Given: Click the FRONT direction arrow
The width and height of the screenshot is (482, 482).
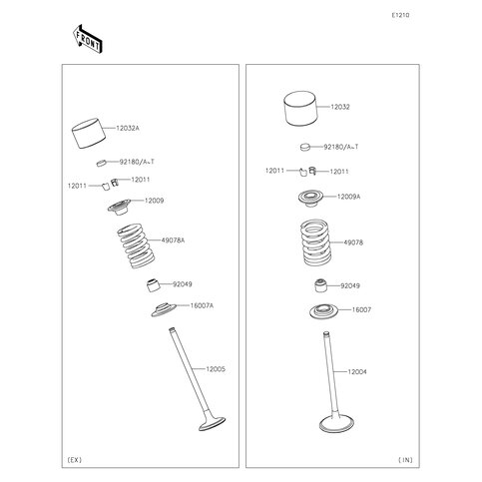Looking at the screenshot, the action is [88, 39].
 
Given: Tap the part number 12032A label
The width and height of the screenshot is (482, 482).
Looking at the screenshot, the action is [128, 128].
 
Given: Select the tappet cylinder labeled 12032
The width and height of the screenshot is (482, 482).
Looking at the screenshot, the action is [300, 109].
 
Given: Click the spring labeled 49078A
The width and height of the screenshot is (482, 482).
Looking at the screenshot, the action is [136, 245].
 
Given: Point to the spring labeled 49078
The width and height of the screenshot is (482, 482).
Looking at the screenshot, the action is [315, 242].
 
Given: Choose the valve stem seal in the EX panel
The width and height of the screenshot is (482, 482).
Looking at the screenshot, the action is [154, 284].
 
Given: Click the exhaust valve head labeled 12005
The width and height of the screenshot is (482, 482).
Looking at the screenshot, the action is [212, 423].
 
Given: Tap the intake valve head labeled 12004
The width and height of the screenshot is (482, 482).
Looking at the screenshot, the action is [336, 423].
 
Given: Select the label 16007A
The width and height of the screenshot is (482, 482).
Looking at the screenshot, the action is [202, 305].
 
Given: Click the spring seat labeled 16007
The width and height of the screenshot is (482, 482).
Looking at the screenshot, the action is [323, 311].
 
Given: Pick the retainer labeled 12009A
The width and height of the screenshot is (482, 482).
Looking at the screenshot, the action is [311, 199].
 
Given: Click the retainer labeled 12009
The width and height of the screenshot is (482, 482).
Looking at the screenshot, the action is [119, 207].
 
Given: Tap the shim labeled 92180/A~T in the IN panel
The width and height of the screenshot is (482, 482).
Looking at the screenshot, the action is [305, 147].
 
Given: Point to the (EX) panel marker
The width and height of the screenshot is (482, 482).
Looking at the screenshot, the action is [75, 460].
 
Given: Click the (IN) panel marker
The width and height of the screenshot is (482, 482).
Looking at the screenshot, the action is [405, 460].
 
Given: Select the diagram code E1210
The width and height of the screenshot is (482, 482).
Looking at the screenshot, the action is [400, 15].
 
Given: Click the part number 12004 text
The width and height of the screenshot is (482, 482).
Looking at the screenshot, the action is [357, 372].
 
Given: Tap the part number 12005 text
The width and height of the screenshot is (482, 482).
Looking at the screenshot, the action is [216, 369].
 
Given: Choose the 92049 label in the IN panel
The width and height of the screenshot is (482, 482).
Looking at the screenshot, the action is [350, 285].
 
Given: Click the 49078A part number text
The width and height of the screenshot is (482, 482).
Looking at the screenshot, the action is [173, 241].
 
